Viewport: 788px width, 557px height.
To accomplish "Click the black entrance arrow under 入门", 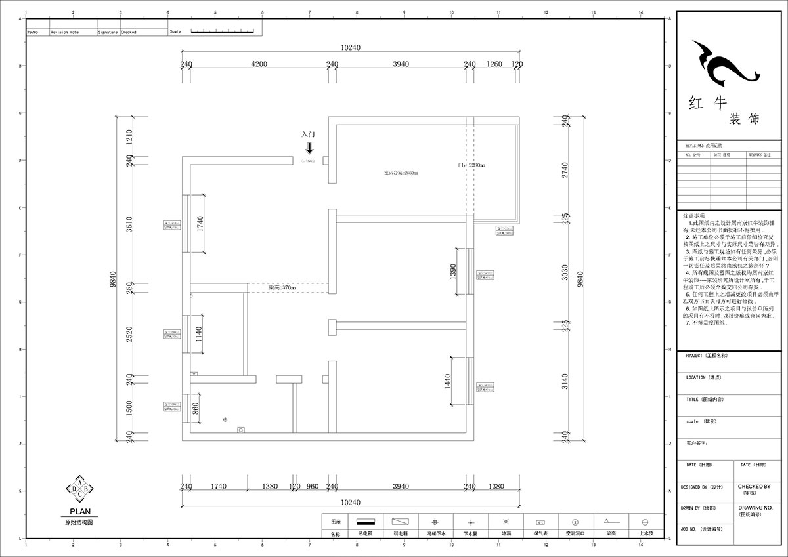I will tap(309, 148).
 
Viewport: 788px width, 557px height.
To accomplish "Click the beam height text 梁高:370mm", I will tap(282, 287).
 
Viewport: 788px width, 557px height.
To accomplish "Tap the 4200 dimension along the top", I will tap(259, 64).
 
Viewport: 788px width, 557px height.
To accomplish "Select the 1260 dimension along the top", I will tap(494, 64).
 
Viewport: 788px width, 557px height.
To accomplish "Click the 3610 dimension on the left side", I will tap(130, 224).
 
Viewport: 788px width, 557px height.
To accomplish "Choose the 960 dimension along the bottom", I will tap(313, 486).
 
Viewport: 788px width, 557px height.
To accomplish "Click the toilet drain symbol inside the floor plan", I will tap(225, 419).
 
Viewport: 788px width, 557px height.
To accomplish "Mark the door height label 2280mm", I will tap(471, 165).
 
